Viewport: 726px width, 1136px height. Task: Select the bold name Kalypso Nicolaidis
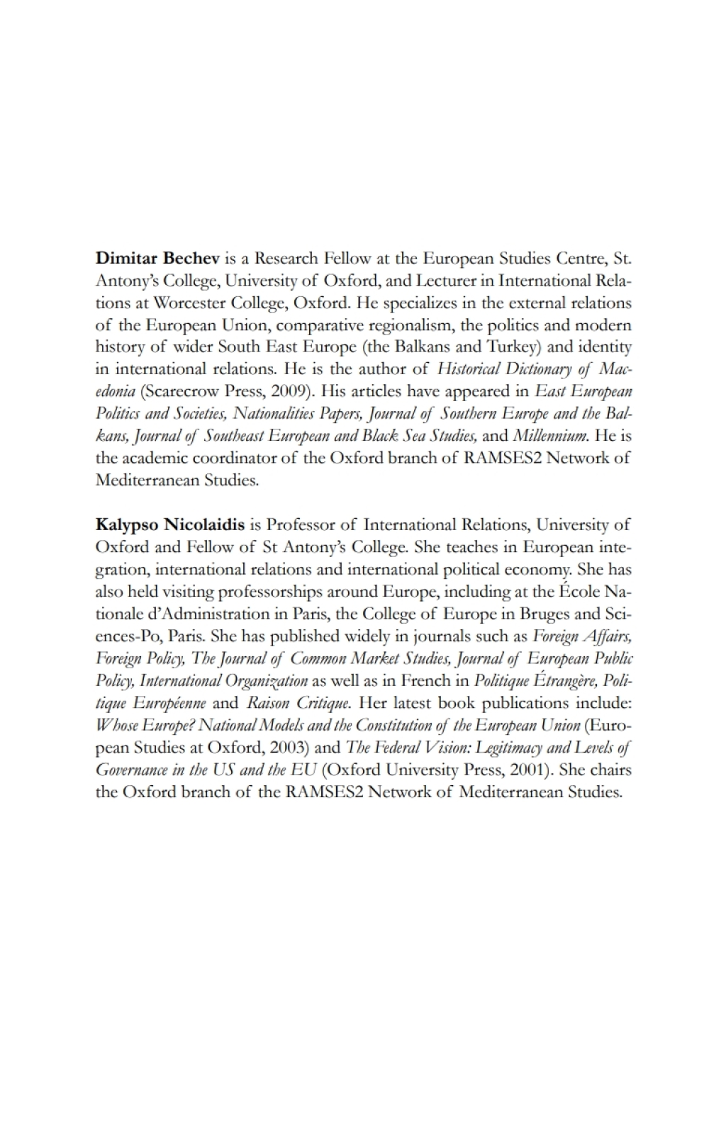[170, 525]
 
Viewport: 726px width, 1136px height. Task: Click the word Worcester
[191, 303]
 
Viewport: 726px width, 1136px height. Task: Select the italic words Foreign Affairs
[581, 636]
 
